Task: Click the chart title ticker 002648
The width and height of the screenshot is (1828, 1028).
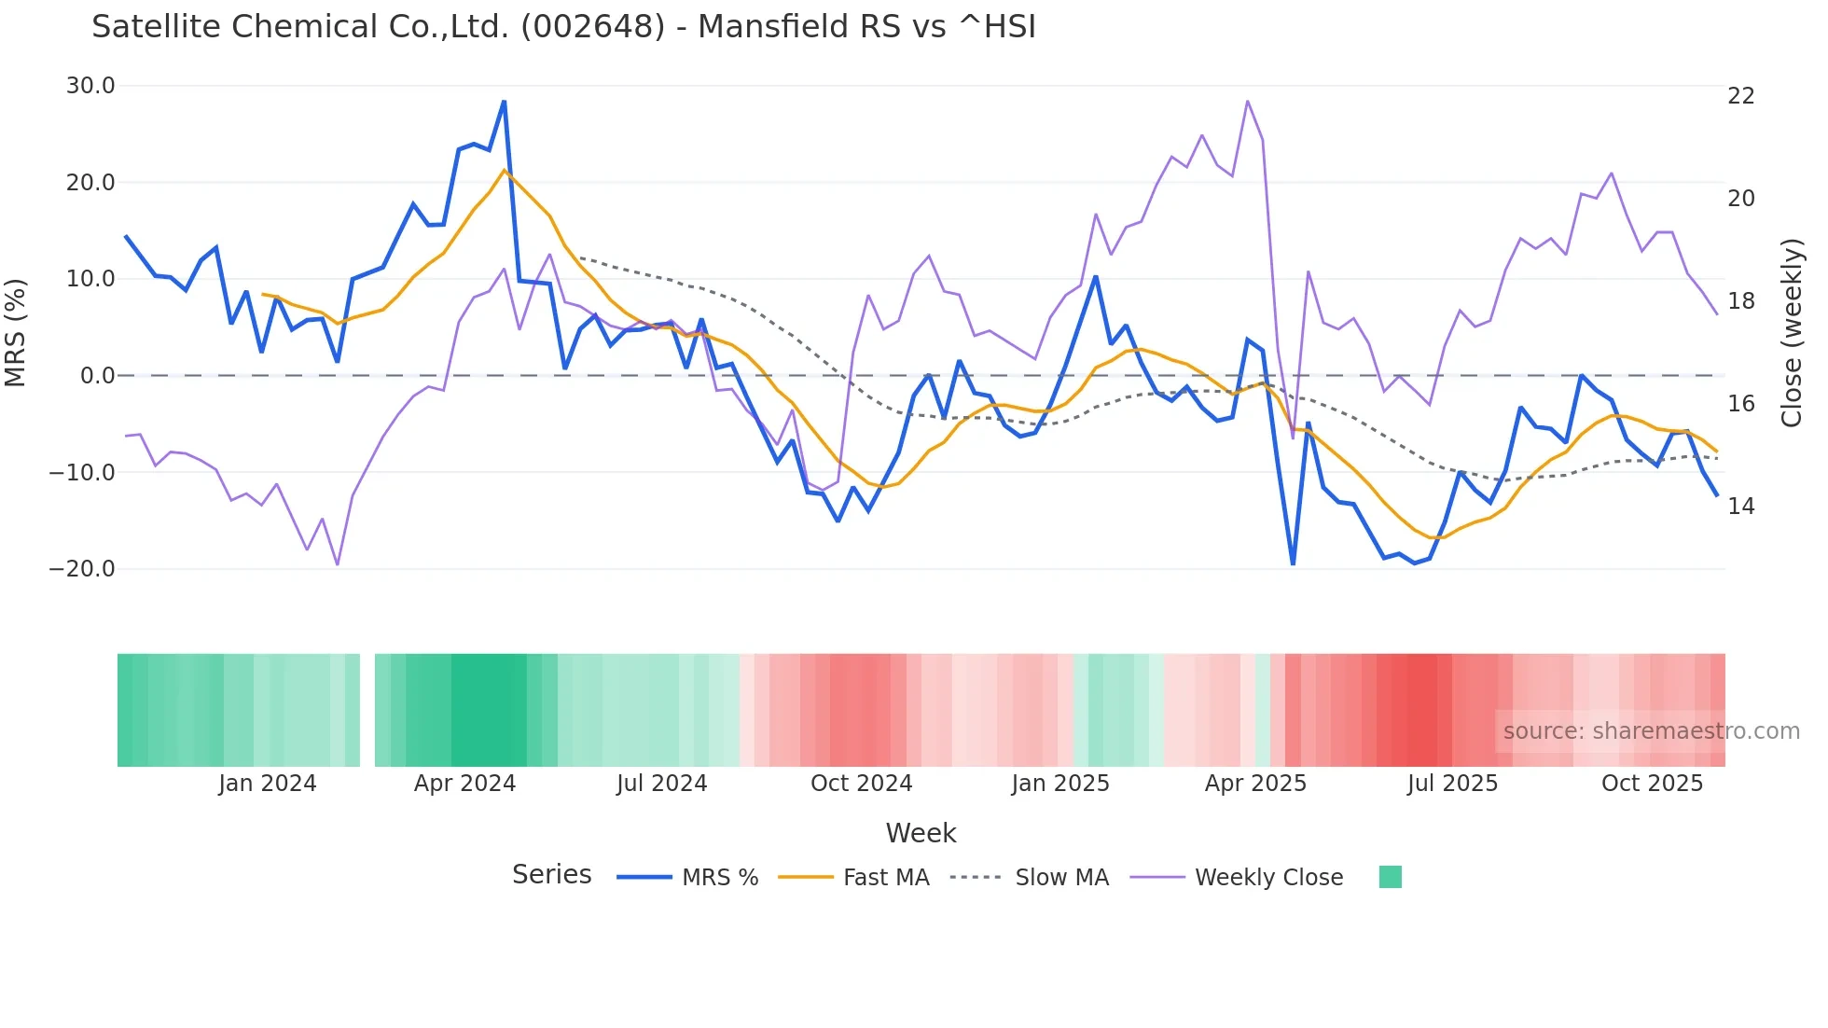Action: [x=592, y=27]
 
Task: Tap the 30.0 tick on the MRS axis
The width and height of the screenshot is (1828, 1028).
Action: [x=90, y=86]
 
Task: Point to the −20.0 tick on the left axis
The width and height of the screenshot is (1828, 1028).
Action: [x=82, y=569]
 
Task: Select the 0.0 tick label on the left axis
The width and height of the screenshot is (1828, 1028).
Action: [x=97, y=376]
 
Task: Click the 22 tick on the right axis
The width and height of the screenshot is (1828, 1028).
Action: [x=1740, y=96]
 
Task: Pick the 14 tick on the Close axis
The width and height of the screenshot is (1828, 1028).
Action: [x=1740, y=507]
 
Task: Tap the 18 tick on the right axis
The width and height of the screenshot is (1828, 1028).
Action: [x=1740, y=301]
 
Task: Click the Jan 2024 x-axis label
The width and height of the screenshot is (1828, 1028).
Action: [x=268, y=784]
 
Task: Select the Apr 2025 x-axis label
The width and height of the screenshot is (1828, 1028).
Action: [x=1255, y=784]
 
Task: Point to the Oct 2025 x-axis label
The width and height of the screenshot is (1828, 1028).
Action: [x=1652, y=784]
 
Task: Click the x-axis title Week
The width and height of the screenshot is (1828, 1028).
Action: [x=921, y=833]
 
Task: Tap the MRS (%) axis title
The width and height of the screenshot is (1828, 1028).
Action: [x=16, y=332]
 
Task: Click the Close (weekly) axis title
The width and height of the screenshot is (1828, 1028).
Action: [x=1792, y=333]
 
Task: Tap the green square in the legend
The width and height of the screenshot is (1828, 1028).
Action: [x=1390, y=877]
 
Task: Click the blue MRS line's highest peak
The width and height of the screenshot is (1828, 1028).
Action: [x=504, y=102]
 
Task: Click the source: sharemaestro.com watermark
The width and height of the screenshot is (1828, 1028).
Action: [x=1651, y=731]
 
